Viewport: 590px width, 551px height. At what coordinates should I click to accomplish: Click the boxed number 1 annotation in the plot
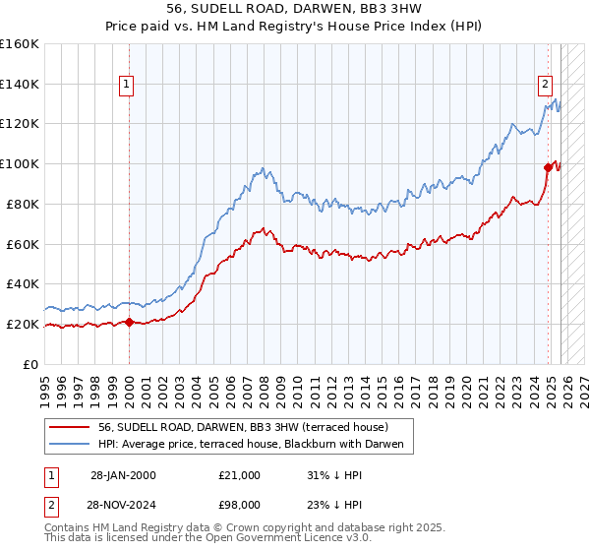point(128,86)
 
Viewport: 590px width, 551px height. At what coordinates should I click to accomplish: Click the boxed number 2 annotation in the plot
point(544,84)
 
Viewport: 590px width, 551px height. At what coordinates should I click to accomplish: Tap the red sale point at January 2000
point(129,322)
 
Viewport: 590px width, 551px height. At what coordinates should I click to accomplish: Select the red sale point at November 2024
point(548,167)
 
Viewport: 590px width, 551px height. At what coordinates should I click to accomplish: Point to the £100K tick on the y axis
point(20,163)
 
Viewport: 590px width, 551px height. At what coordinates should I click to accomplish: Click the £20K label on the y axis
point(23,324)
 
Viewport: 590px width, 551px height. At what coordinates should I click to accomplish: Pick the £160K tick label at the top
point(20,44)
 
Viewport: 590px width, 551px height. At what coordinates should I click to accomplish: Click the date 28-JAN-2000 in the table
point(122,475)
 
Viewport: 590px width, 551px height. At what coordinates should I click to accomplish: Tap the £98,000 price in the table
point(239,503)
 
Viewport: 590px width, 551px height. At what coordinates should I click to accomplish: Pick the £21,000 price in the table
point(239,475)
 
